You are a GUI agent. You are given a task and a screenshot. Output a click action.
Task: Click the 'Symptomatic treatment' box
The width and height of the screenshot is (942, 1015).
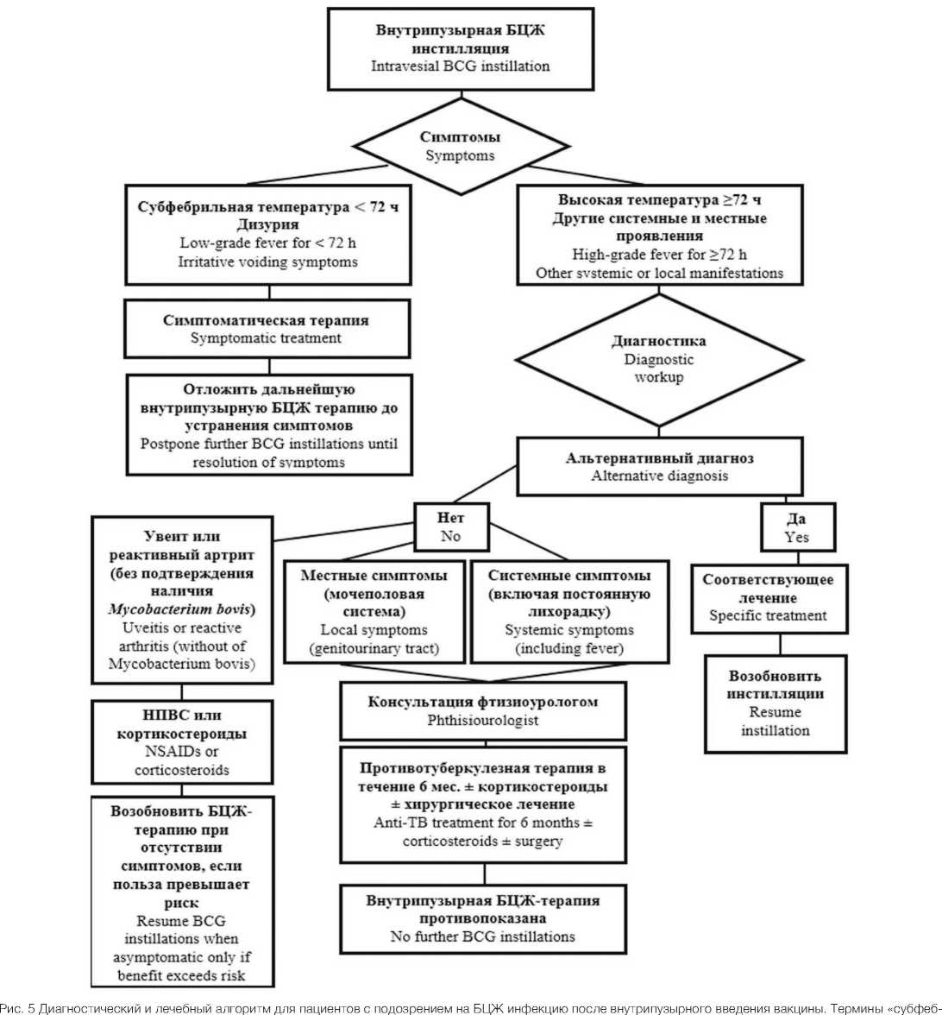[x=266, y=329]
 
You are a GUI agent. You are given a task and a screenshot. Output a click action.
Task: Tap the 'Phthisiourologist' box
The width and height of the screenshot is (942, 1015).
[x=482, y=711]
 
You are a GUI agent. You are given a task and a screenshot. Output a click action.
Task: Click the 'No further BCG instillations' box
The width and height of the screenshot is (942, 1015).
[x=482, y=918]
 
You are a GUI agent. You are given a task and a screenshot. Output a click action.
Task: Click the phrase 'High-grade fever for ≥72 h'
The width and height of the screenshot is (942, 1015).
[x=660, y=255]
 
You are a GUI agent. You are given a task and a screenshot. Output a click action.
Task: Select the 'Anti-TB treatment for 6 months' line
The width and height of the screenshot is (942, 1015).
[x=482, y=823]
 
